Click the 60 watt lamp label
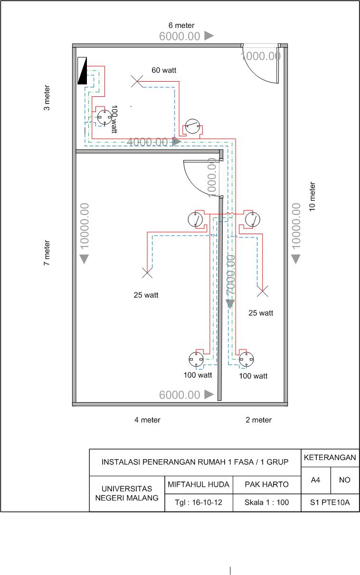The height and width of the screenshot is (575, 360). point(164,70)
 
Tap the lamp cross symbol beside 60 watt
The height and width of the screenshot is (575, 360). point(136,82)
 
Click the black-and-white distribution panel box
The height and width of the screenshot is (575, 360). point(83,71)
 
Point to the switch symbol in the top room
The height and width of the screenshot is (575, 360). point(192,127)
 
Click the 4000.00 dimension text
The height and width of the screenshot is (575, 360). point(148,141)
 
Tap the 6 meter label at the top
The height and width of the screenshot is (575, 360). point(181,25)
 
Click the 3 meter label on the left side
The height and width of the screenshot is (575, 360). point(47,98)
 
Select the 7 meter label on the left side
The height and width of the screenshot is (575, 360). point(47,253)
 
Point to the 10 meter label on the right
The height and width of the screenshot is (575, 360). point(312,197)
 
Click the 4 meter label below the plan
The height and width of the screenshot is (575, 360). point(147,420)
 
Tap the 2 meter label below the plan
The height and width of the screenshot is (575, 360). point(258,420)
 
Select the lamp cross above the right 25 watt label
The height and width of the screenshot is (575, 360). point(262,292)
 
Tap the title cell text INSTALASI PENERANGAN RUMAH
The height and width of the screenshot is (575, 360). point(195,462)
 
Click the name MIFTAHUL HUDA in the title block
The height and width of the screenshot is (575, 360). point(199,485)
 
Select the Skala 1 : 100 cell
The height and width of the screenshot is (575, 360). point(266,502)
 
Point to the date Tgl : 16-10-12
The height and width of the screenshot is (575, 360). point(199,502)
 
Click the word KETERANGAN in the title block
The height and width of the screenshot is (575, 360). point(330,458)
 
